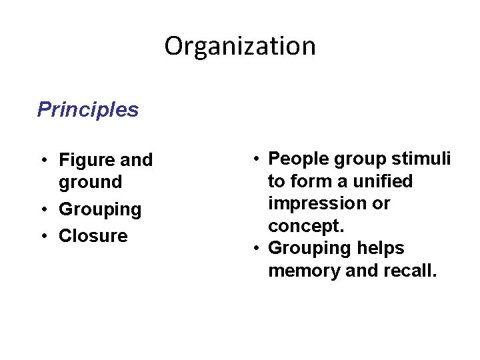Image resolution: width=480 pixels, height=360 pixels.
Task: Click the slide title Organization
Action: coord(240,46)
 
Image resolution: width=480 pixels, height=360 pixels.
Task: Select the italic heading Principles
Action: coord(88,109)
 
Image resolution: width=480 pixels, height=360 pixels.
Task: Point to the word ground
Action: coord(91,182)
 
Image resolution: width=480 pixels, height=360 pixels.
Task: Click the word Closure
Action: coord(93,236)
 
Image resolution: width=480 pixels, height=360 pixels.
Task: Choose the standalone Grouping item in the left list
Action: coord(100,209)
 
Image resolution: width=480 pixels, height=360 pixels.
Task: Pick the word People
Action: coord(297,159)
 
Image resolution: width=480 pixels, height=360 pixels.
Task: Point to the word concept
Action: coord(306,225)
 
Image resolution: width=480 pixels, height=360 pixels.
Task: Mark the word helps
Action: coord(380,249)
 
